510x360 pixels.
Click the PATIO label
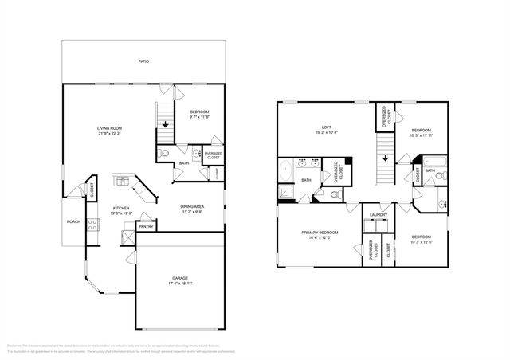point(143,61)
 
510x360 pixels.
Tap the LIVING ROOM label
point(109,127)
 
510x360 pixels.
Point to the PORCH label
point(73,222)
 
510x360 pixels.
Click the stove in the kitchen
point(92,225)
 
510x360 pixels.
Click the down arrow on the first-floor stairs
point(166,123)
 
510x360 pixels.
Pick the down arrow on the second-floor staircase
point(386,157)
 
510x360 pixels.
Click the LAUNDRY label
point(378,214)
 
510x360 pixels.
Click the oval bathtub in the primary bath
point(285,171)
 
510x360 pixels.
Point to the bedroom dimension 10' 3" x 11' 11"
point(422,135)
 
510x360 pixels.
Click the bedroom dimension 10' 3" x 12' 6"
point(422,241)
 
